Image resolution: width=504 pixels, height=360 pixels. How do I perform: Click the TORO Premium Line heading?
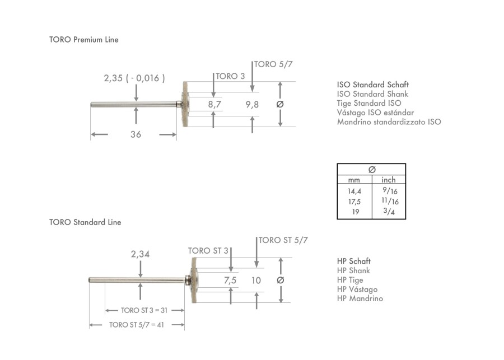[x=84, y=40]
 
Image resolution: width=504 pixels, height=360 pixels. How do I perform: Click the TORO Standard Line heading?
[x=85, y=222]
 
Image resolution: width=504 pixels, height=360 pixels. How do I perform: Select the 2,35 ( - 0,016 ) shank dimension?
[x=134, y=78]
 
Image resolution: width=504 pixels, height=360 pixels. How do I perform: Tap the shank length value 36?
[x=136, y=134]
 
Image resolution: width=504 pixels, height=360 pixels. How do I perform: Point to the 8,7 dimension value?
[x=214, y=105]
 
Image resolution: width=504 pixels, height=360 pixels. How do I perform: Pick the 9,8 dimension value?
[x=252, y=105]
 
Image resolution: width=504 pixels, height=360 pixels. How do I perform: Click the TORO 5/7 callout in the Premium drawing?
[x=273, y=64]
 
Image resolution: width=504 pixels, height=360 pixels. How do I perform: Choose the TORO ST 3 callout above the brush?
[x=208, y=251]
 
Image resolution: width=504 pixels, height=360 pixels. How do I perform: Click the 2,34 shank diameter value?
[x=140, y=254]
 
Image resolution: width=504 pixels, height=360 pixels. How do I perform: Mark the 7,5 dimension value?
[x=230, y=280]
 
